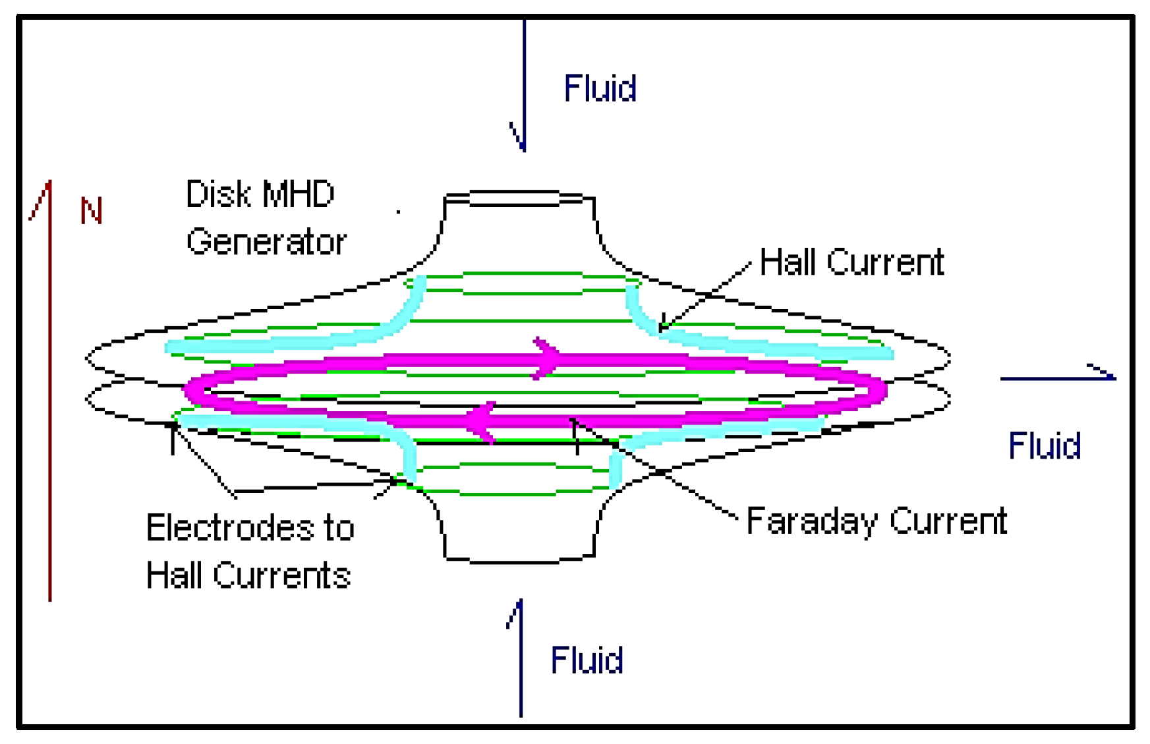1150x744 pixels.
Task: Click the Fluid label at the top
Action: click(600, 88)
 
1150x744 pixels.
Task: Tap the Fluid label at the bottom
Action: click(587, 660)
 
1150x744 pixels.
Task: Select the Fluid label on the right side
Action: click(1045, 446)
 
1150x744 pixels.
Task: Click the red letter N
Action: click(91, 211)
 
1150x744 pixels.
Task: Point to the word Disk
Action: click(218, 194)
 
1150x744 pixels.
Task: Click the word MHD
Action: click(298, 194)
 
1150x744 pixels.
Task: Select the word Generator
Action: click(266, 242)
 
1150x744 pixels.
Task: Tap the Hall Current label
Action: click(851, 262)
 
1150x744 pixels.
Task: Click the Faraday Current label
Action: click(877, 521)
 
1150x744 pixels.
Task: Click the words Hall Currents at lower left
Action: click(248, 575)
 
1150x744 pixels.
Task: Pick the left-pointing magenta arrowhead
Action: click(480, 420)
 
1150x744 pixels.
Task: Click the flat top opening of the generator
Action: click(519, 197)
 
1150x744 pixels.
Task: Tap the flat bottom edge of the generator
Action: click(519, 561)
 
